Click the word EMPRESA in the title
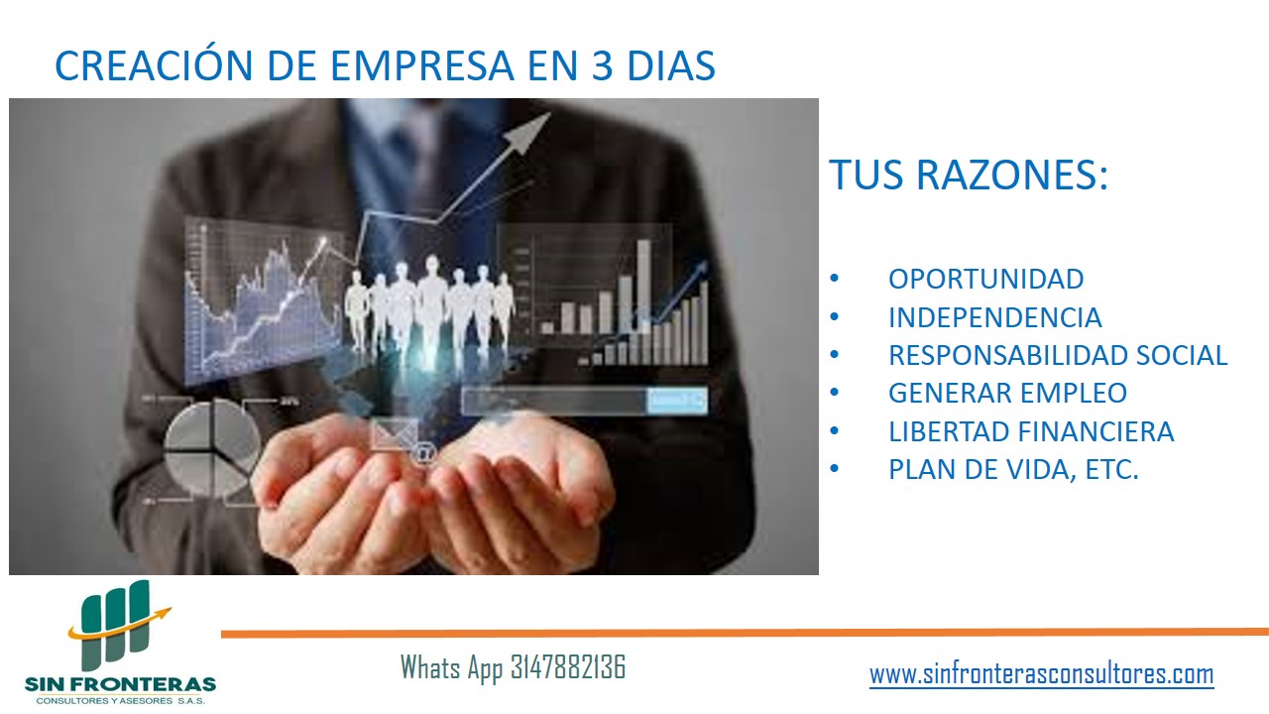(x=422, y=65)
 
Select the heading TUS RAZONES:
(x=969, y=175)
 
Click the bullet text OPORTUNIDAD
(x=985, y=279)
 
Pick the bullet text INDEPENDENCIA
(x=994, y=317)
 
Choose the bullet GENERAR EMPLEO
(x=1007, y=393)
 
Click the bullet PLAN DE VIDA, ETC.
(x=1013, y=470)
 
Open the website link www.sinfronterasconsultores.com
(x=1041, y=674)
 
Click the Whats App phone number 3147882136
(x=568, y=667)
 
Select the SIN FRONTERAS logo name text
(x=120, y=684)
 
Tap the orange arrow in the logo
(x=119, y=625)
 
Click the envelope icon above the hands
(x=394, y=434)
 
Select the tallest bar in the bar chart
(x=643, y=287)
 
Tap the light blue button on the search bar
(x=676, y=401)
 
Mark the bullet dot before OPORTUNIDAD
(x=834, y=279)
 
